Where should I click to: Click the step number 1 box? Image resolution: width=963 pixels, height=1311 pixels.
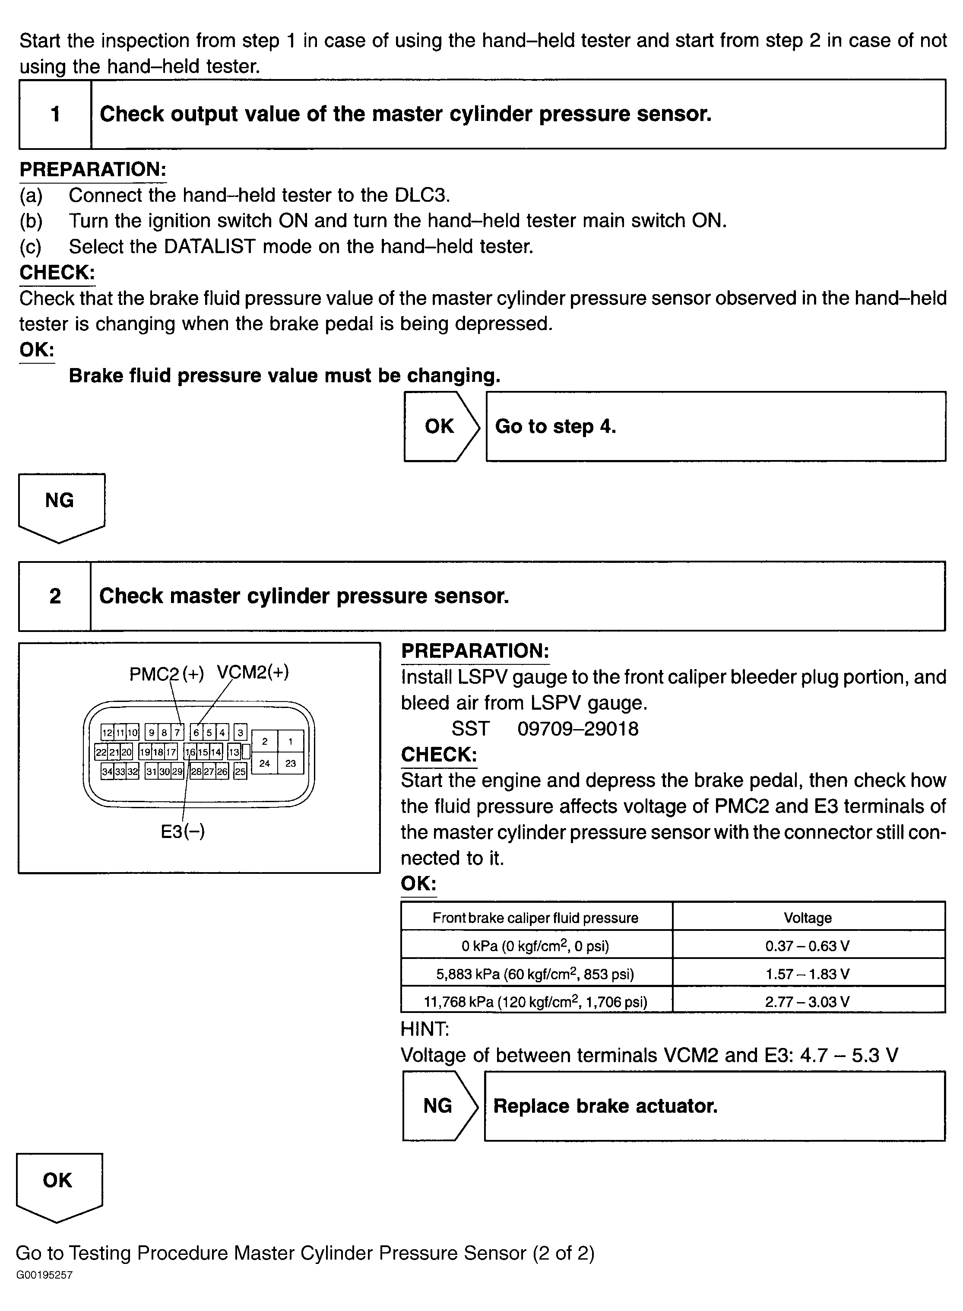coord(55,114)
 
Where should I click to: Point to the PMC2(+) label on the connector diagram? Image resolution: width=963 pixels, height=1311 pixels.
coord(166,674)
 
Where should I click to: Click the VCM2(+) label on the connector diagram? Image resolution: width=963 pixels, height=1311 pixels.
coord(253,673)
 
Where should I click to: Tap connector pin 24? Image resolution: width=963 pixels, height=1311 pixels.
coord(265,763)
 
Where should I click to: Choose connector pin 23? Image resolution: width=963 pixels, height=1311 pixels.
coord(290,763)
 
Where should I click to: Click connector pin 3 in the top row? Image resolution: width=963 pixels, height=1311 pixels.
coord(240,733)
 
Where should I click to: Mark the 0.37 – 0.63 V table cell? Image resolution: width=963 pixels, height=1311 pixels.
coord(808,946)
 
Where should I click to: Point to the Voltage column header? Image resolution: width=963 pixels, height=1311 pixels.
coord(808,918)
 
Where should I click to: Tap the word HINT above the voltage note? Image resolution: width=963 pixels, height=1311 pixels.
coord(424,1029)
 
